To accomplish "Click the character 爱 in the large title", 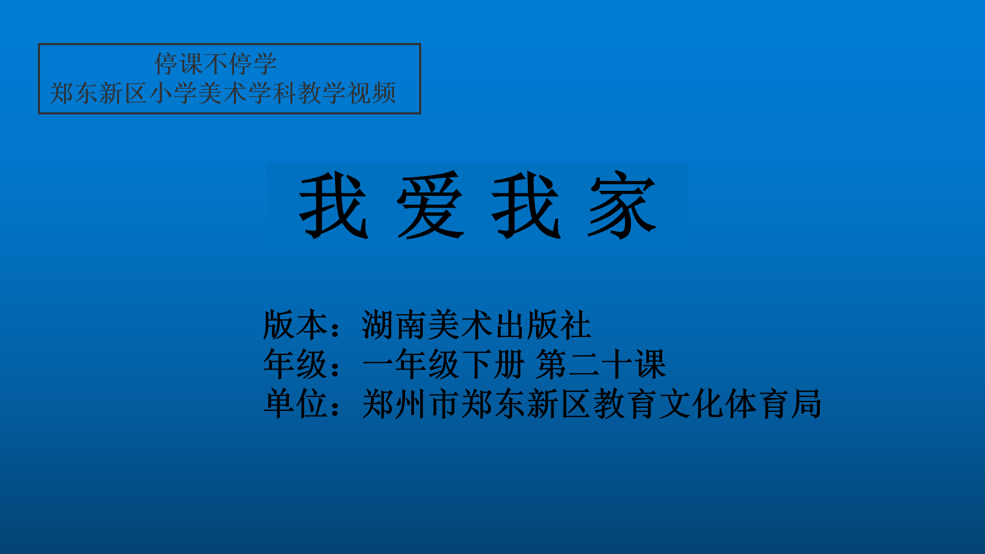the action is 431,205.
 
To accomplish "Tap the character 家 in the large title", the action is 622,205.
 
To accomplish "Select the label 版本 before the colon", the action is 295,325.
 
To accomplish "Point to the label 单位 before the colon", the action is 295,404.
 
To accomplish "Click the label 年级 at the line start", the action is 295,364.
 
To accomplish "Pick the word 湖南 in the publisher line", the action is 395,325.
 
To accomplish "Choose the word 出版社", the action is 543,325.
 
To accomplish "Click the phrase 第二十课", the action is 601,364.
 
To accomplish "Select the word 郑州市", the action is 411,404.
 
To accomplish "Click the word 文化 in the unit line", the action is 690,404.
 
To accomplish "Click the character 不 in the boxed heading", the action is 216,64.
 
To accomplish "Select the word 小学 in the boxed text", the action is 173,93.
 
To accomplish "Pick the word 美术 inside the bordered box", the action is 223,93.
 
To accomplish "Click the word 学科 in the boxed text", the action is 272,93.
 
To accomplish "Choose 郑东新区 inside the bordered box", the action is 98,93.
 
